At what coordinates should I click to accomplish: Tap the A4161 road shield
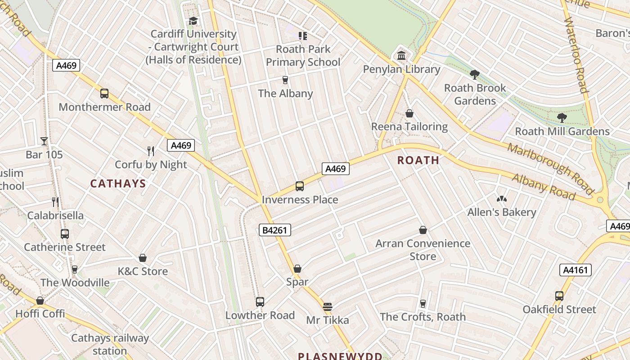tap(575, 270)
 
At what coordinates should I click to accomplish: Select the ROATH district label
tap(418, 160)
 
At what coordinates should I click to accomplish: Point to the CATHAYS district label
tap(118, 184)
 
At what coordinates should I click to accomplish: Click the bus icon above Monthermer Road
tap(104, 94)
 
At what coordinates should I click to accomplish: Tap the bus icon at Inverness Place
tap(300, 186)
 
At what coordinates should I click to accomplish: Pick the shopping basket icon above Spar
tap(297, 269)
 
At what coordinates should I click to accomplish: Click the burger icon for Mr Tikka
tap(328, 307)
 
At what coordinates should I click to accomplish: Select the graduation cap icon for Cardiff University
tap(193, 21)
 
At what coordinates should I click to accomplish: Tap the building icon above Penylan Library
tap(401, 56)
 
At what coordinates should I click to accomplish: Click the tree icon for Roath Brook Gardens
tap(475, 75)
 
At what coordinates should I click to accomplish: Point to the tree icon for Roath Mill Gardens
tap(562, 118)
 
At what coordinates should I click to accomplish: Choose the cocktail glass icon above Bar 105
tap(44, 141)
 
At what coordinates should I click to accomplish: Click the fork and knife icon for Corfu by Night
tap(151, 151)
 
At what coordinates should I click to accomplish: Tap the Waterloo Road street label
tap(576, 55)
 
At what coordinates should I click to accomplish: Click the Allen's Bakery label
tap(502, 212)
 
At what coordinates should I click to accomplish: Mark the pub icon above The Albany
tap(285, 80)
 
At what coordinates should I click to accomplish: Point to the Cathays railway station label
tap(110, 344)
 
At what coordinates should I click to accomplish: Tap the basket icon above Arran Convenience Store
tap(423, 230)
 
